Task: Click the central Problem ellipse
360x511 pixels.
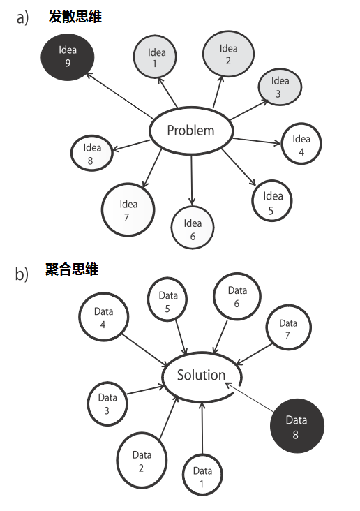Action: click(190, 131)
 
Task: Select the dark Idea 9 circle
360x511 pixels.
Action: click(68, 57)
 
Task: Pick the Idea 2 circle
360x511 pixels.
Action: click(228, 55)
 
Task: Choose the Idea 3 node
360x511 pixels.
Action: click(280, 87)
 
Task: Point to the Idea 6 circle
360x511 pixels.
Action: click(193, 228)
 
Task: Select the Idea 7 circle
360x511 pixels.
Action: click(128, 210)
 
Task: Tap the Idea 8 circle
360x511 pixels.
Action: click(92, 153)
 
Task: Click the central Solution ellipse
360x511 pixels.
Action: click(202, 376)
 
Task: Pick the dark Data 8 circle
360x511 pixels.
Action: click(297, 425)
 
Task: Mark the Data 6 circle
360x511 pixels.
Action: click(237, 297)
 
